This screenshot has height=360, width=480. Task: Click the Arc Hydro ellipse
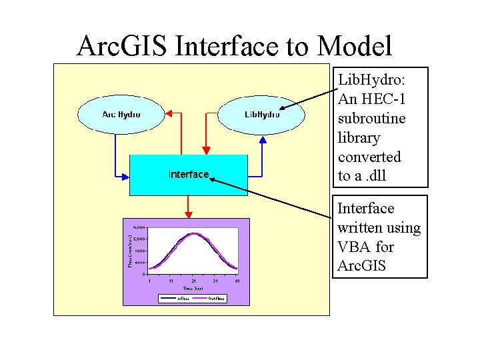tap(121, 114)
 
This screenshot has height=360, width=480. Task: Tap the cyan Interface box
tap(188, 175)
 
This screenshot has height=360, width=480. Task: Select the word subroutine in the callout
tap(371, 119)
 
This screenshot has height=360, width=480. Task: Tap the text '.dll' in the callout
tap(374, 176)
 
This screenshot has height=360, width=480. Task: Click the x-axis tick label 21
tap(193, 281)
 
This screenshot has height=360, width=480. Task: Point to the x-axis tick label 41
tap(237, 281)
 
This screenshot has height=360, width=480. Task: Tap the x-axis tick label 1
tap(149, 281)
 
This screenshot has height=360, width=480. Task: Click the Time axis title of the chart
tap(193, 289)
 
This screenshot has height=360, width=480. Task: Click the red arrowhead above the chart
tap(189, 214)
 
